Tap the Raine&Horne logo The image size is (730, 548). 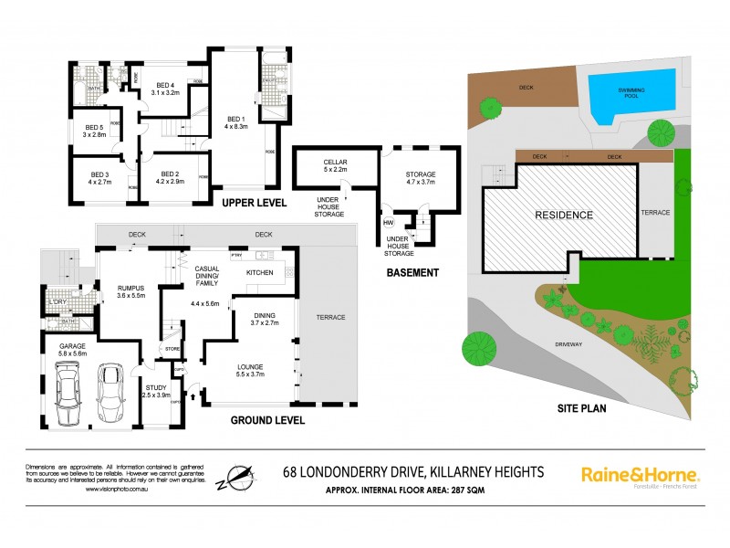pyautogui.click(x=640, y=475)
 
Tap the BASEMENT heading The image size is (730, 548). pyautogui.click(x=413, y=272)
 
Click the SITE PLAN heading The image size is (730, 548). pyautogui.click(x=582, y=408)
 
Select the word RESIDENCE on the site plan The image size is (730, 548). pyautogui.click(x=563, y=216)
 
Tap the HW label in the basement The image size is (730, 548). pyautogui.click(x=389, y=223)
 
